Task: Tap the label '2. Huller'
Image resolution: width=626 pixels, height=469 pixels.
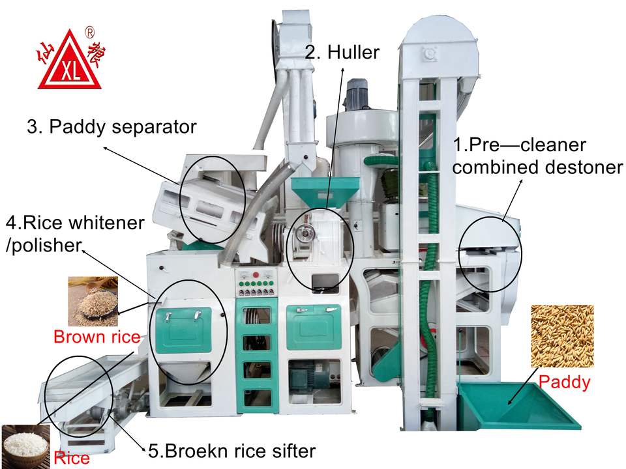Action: pyautogui.click(x=342, y=52)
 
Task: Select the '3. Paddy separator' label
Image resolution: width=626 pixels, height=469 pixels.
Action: pyautogui.click(x=112, y=126)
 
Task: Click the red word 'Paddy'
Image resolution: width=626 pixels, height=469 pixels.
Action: pyautogui.click(x=565, y=382)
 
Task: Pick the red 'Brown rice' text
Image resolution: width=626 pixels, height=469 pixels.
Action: pyautogui.click(x=97, y=337)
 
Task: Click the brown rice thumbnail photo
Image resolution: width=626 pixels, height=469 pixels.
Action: pyautogui.click(x=93, y=301)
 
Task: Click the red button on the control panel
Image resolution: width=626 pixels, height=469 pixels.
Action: pyautogui.click(x=256, y=276)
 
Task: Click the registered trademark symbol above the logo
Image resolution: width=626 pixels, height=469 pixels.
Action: pyautogui.click(x=89, y=31)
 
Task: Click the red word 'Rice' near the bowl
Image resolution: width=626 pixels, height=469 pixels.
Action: pyautogui.click(x=72, y=458)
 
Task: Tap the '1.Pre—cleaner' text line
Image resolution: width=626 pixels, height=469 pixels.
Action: pyautogui.click(x=520, y=145)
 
